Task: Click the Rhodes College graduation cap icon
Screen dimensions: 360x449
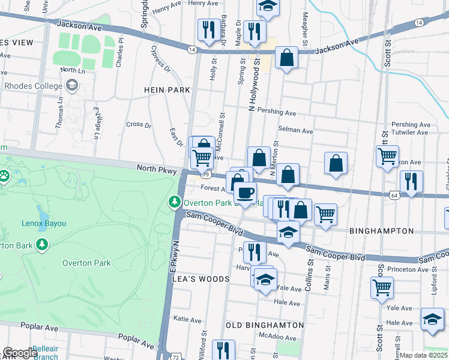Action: [73, 86]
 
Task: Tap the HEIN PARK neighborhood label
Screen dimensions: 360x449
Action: [167, 90]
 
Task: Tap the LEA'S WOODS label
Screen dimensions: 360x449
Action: [201, 280]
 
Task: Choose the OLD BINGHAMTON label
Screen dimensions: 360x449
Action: [265, 325]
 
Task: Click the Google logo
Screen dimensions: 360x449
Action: [20, 353]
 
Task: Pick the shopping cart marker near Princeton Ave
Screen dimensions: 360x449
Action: [382, 288]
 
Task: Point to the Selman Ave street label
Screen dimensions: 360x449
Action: [295, 131]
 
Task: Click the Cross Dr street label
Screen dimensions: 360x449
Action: [139, 125]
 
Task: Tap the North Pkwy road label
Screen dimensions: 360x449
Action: [156, 171]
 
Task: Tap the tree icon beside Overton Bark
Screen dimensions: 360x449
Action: [41, 245]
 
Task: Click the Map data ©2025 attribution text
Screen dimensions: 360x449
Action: [424, 355]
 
